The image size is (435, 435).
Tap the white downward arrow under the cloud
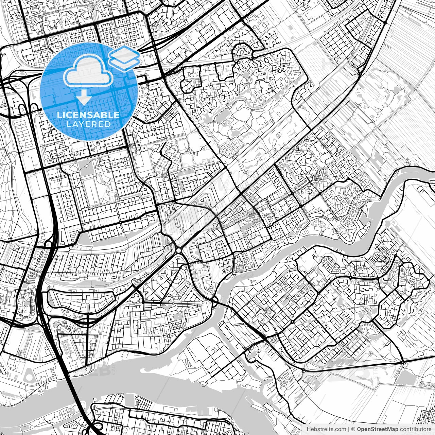[84, 99]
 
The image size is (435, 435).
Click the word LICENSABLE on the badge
[88, 115]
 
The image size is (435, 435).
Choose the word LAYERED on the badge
[88, 124]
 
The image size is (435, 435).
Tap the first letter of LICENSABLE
[58, 115]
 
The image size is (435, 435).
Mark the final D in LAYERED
[108, 124]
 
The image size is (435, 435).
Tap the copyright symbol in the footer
[353, 429]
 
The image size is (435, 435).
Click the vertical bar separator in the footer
[349, 429]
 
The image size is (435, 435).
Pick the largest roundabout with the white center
[178, 251]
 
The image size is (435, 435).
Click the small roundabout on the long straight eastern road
[403, 363]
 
